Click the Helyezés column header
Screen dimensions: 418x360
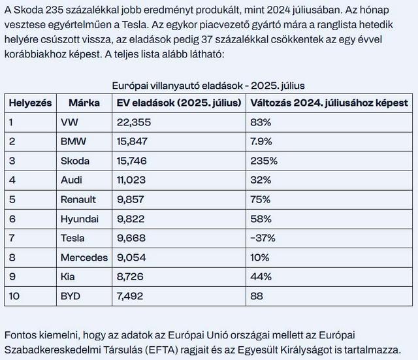click(x=31, y=103)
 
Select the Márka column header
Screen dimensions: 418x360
click(x=84, y=103)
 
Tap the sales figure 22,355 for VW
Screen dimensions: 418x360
click(x=134, y=122)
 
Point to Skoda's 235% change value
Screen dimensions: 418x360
click(x=264, y=161)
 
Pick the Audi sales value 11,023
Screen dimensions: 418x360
click(x=131, y=180)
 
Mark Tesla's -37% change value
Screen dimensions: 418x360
click(x=263, y=238)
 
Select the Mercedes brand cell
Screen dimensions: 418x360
click(x=84, y=257)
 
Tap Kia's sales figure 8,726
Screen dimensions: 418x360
click(x=130, y=276)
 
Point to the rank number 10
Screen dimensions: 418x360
click(x=14, y=296)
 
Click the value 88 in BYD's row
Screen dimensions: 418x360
click(x=257, y=296)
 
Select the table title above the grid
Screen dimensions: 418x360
click(x=208, y=86)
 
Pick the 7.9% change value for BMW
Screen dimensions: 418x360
click(x=261, y=141)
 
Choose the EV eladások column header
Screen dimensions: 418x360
click(x=179, y=103)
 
